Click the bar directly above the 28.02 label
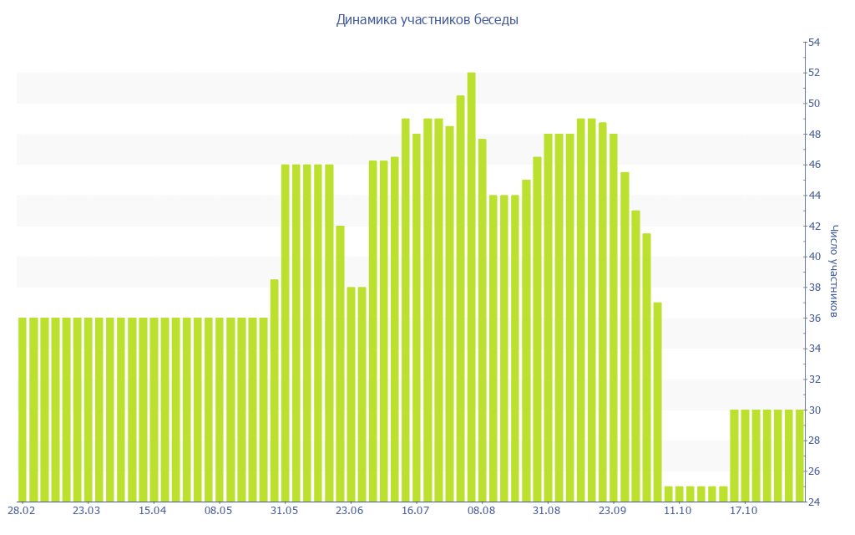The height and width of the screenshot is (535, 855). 23,410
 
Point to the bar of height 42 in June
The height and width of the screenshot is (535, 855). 340,364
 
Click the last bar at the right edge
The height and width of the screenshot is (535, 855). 799,456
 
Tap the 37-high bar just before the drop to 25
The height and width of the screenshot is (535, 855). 657,402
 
